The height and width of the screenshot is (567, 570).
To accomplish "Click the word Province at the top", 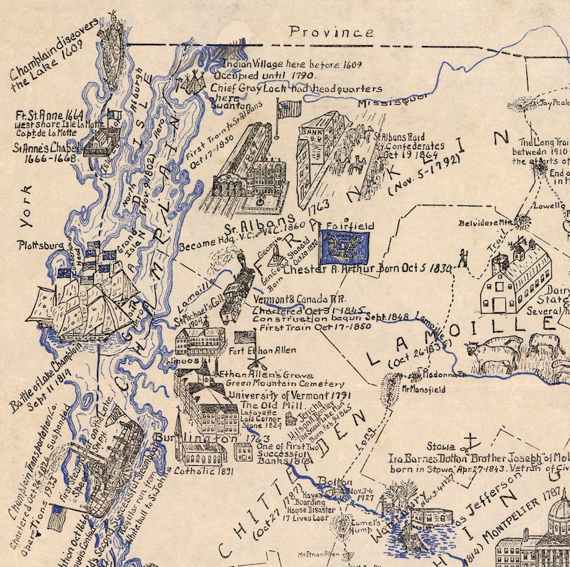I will (331, 32).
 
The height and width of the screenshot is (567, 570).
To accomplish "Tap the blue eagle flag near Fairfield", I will (345, 247).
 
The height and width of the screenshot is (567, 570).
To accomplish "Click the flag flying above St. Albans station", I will (289, 109).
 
